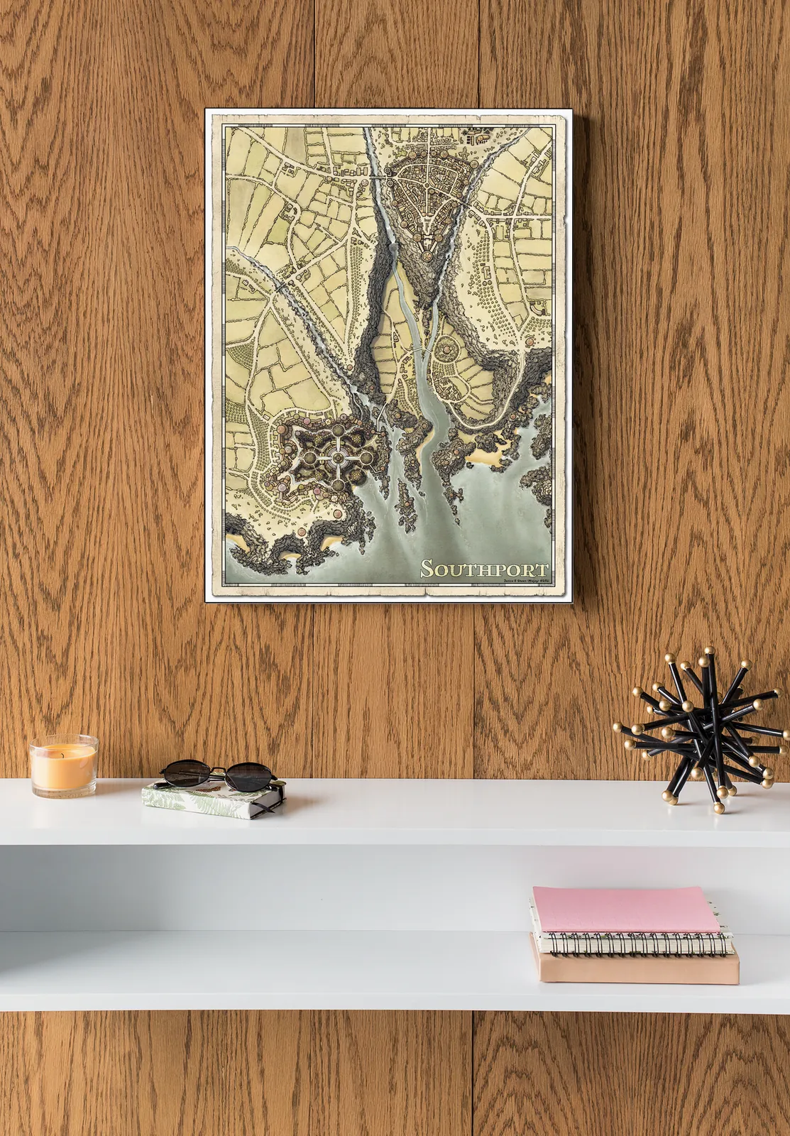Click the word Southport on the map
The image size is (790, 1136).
pos(484,569)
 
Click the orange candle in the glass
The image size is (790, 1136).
pos(63,769)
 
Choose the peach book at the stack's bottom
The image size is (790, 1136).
pos(636,968)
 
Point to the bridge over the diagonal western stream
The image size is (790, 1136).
pos(282,287)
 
